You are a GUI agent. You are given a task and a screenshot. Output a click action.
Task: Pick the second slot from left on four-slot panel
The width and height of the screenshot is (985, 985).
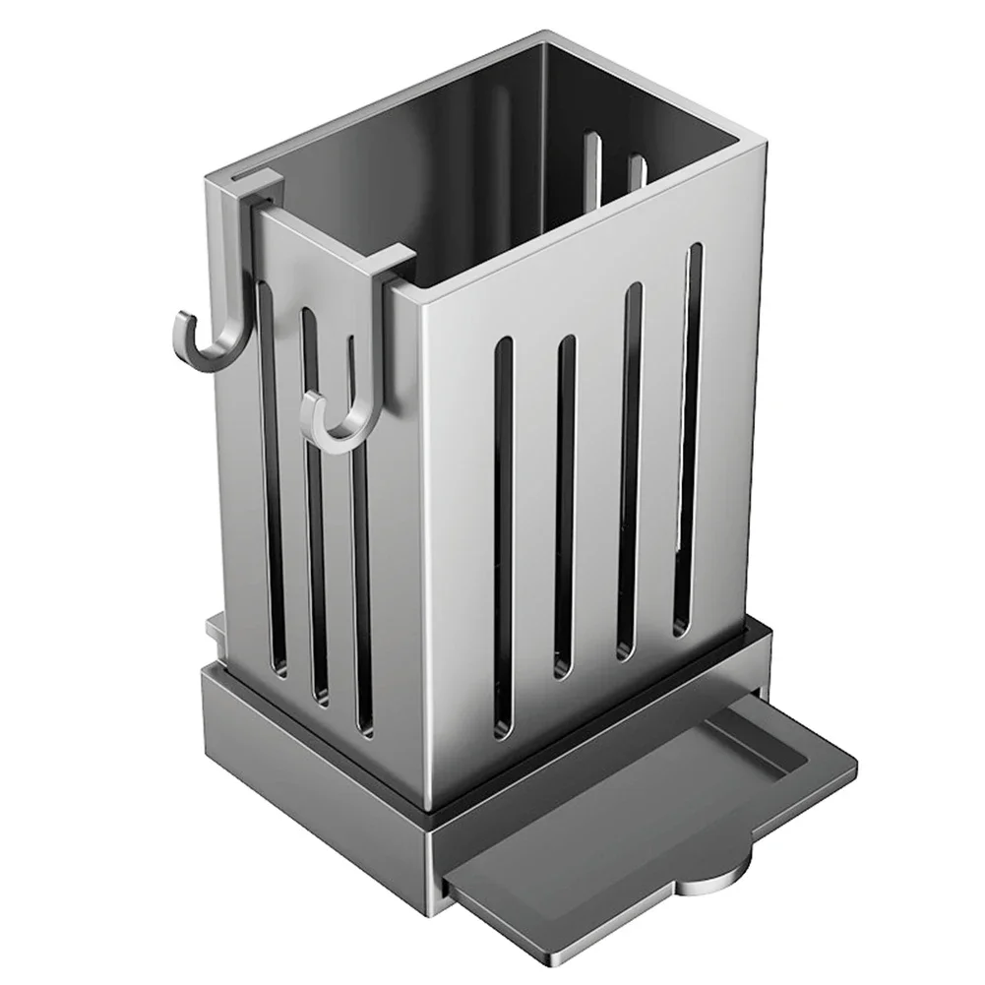point(564,507)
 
